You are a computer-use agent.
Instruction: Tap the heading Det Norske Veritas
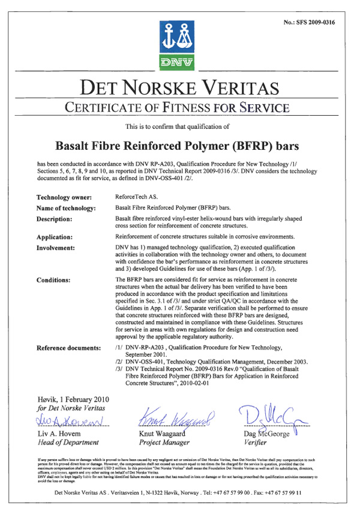click(x=179, y=89)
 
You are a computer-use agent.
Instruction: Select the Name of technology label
click(x=66, y=208)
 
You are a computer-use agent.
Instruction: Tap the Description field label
click(x=58, y=219)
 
